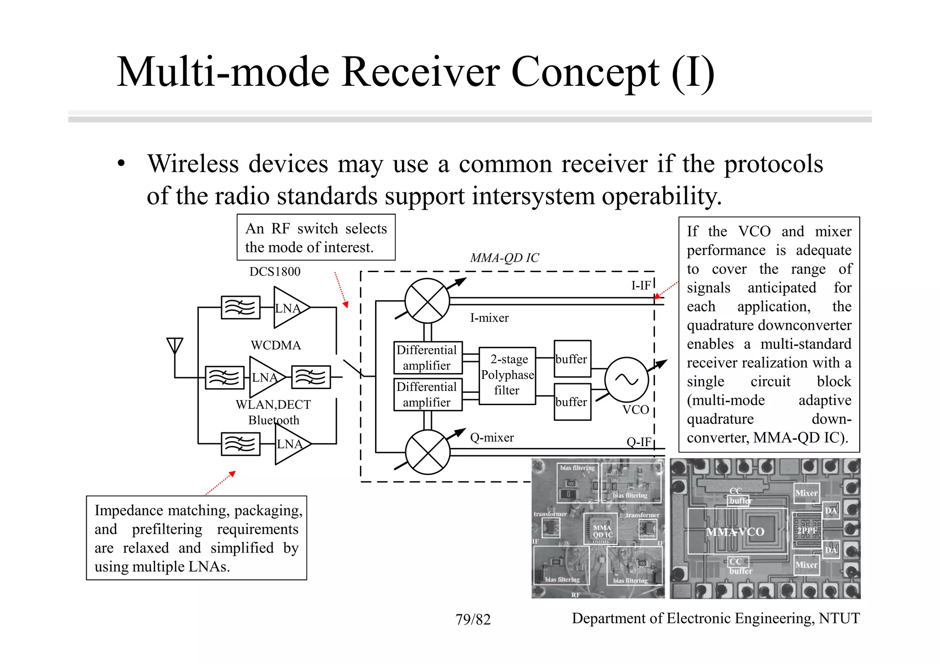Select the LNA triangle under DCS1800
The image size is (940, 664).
[289, 307]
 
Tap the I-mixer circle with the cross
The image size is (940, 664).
[427, 301]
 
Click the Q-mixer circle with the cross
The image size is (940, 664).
[428, 452]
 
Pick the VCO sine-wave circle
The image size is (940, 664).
[627, 379]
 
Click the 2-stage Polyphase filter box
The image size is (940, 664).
[507, 375]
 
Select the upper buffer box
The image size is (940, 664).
[572, 359]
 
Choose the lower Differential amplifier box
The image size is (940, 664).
[427, 395]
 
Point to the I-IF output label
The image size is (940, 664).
[641, 285]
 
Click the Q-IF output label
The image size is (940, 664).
[639, 442]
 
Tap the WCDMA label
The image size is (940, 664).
[276, 345]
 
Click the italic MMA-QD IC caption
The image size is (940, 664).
[504, 258]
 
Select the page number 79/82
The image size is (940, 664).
[473, 619]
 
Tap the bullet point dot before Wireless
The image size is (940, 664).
[121, 164]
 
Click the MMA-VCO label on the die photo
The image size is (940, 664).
[735, 532]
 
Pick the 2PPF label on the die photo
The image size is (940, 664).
[806, 530]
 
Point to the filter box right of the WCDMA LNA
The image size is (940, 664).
[311, 377]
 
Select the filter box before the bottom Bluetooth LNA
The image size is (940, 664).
[241, 444]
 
